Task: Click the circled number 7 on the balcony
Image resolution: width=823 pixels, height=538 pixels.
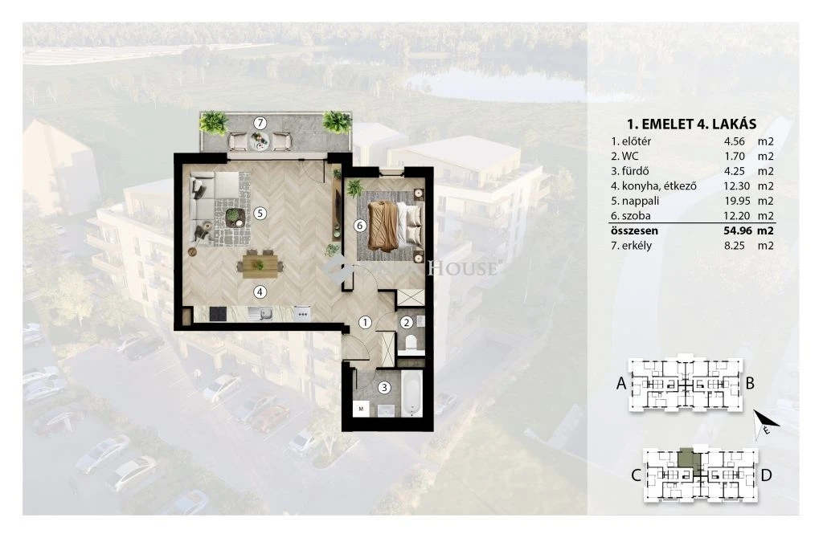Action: coord(260,123)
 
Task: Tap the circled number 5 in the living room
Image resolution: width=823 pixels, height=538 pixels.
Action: coord(260,214)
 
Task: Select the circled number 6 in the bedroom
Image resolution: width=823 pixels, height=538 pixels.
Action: coord(359,226)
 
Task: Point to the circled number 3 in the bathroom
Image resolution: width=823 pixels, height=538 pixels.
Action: coord(385,388)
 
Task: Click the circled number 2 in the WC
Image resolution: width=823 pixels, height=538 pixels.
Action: coord(406,323)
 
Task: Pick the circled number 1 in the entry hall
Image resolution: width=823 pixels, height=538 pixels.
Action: coord(366,323)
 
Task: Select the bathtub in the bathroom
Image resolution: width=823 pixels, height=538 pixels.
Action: coord(412,394)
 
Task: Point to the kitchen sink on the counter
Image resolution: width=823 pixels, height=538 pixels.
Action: coord(260,314)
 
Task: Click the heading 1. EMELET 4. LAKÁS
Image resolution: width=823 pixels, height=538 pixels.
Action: coord(692,124)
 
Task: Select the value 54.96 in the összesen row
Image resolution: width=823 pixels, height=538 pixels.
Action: coord(735,230)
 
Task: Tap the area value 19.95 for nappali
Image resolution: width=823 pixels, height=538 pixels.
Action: coord(735,201)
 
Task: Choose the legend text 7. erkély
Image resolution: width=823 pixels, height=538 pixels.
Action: coord(631,246)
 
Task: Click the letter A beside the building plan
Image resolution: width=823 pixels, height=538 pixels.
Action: coord(621,384)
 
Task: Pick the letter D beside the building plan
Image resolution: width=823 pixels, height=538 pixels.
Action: coord(766,475)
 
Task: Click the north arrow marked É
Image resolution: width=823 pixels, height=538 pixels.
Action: coord(766,423)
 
